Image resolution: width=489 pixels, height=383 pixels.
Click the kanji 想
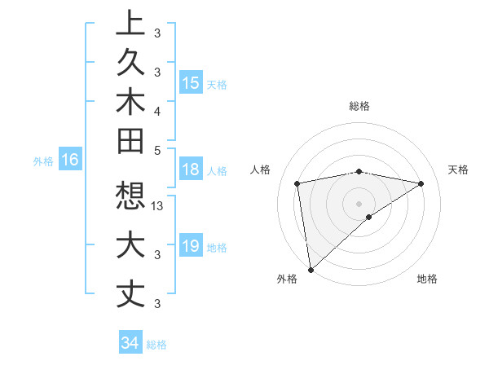tap(131, 196)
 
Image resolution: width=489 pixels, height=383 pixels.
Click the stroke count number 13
tap(158, 206)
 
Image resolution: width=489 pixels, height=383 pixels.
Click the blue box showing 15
tap(191, 82)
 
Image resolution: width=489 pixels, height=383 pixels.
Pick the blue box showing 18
tap(191, 170)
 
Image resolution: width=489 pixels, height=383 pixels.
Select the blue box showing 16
tap(70, 161)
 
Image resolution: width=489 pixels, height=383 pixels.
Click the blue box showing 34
tap(130, 343)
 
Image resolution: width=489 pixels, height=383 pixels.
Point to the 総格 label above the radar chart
tap(359, 106)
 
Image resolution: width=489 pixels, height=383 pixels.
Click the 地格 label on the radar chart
tap(427, 279)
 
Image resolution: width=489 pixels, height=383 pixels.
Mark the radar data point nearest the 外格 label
tap(311, 269)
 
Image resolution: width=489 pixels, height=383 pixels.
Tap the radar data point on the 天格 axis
tap(421, 183)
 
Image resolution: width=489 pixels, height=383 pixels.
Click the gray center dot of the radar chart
tap(359, 203)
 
